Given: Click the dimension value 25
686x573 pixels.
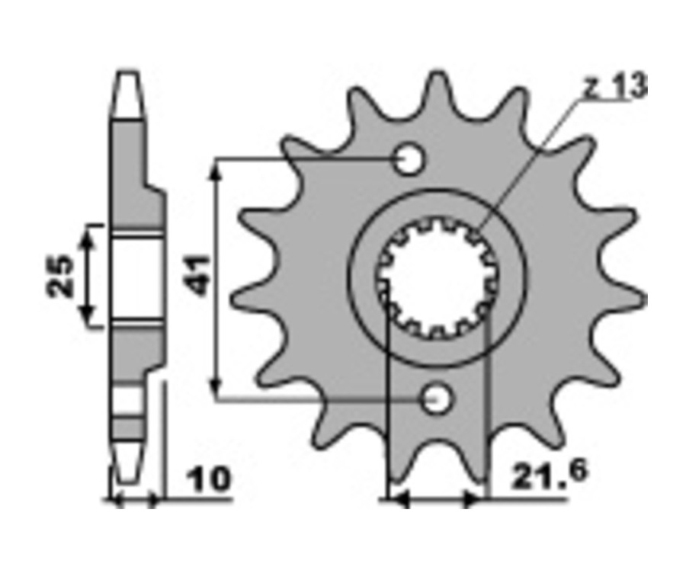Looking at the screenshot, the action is point(60,275).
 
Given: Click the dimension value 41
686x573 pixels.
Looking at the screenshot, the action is point(197,277).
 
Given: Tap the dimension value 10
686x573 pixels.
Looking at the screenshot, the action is point(208,479).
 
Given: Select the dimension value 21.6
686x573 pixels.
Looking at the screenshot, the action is point(549,475).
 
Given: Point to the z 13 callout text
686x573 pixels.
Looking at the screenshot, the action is point(615,86).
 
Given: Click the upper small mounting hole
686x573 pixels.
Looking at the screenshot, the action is point(409,160).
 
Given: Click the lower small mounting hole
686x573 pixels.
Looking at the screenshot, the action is point(436,399).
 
